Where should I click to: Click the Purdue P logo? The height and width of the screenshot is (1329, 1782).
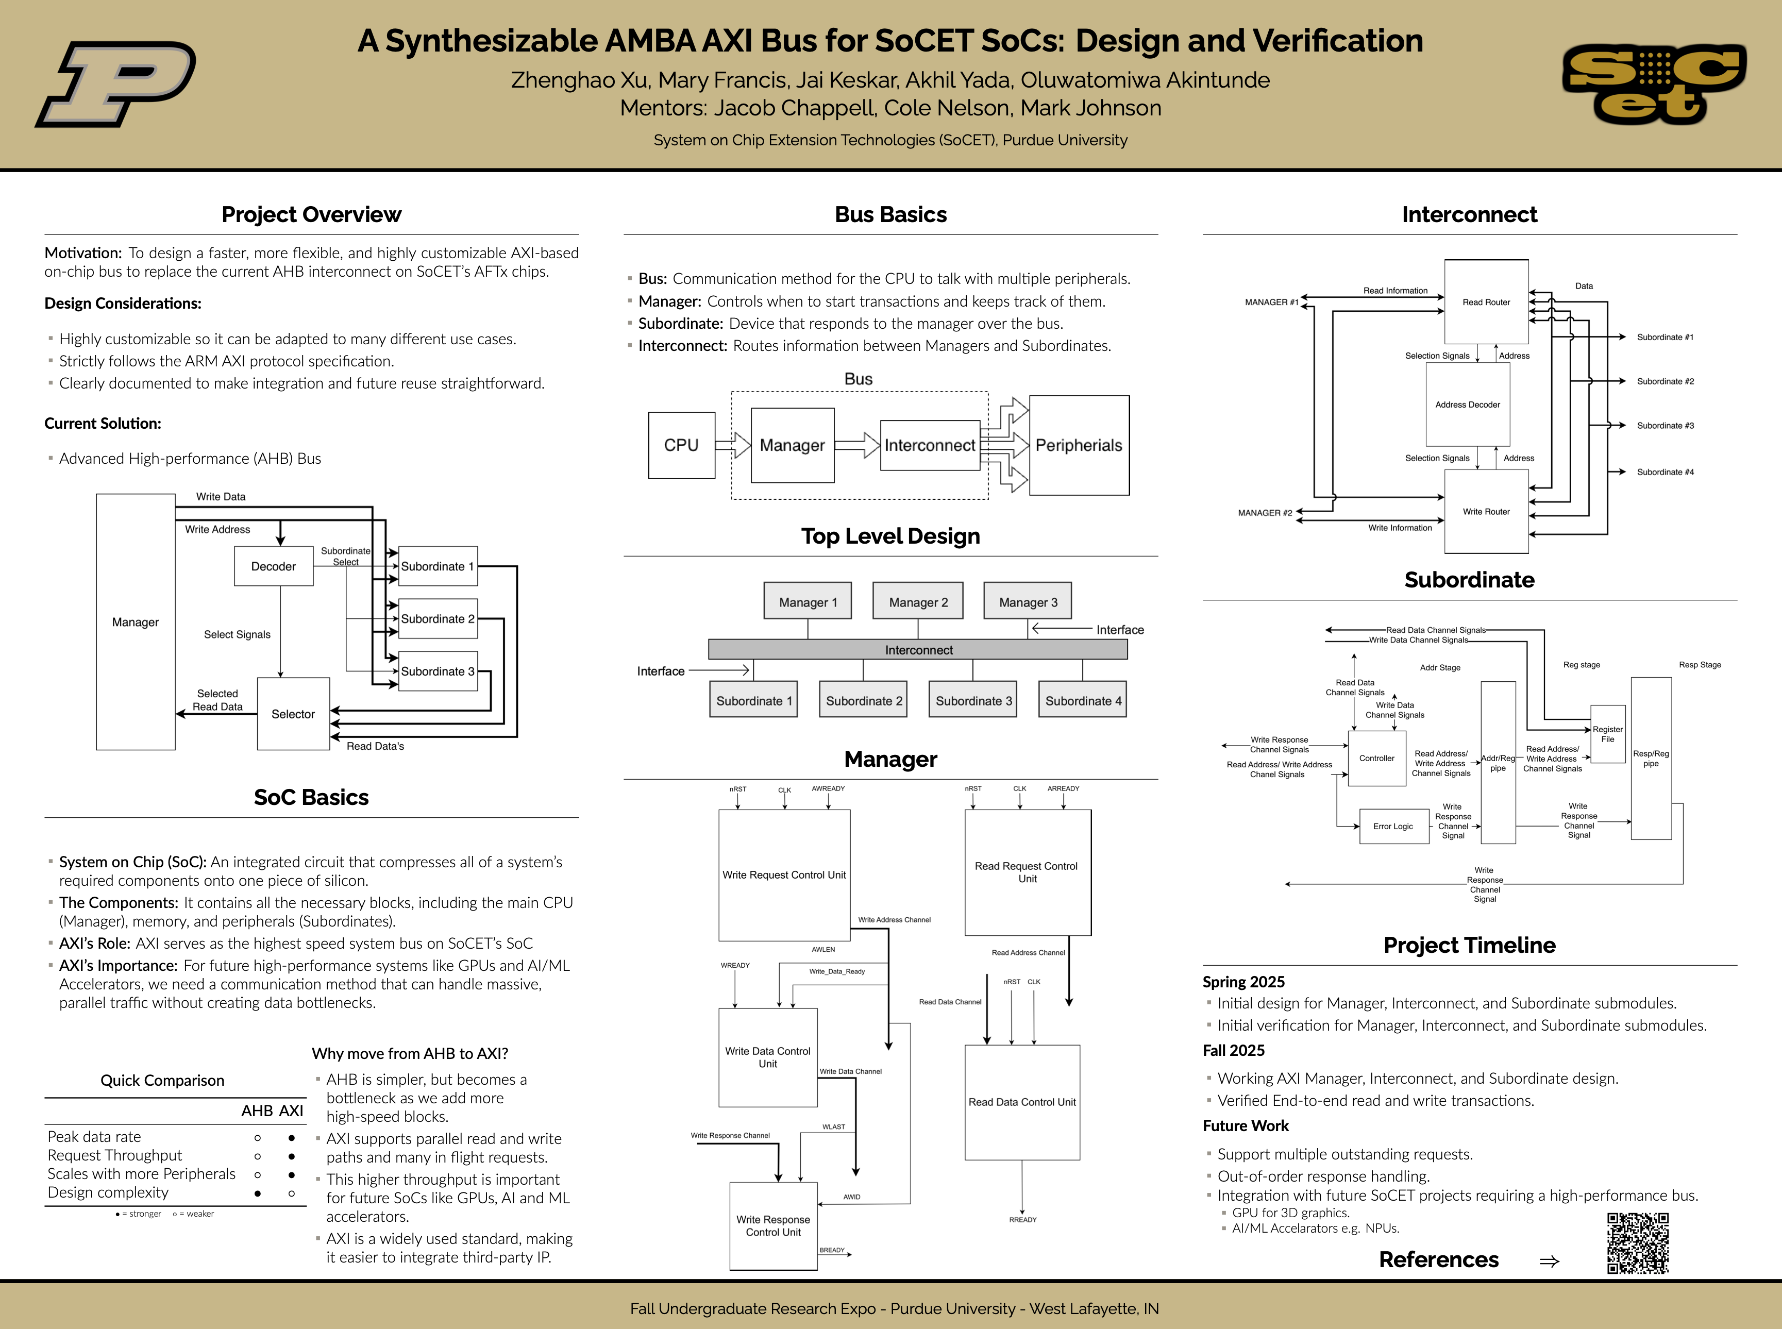coord(115,83)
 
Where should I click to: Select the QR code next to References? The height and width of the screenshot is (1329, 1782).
coord(1638,1243)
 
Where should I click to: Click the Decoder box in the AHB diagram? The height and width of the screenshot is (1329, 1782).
coord(274,566)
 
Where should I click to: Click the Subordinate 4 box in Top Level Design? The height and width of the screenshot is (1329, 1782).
coord(1083,700)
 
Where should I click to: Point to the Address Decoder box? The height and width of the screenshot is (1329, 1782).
coord(1468,405)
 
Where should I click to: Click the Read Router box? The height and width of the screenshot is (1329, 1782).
coord(1486,301)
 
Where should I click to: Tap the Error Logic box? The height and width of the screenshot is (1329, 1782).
coord(1392,826)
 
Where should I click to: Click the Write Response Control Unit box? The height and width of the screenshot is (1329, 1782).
coord(773,1226)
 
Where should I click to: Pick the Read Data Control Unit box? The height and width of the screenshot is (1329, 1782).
coord(1022,1102)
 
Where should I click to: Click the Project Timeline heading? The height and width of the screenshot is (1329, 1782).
coord(1469,945)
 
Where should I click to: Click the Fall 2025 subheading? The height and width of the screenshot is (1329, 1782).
coord(1233,1051)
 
